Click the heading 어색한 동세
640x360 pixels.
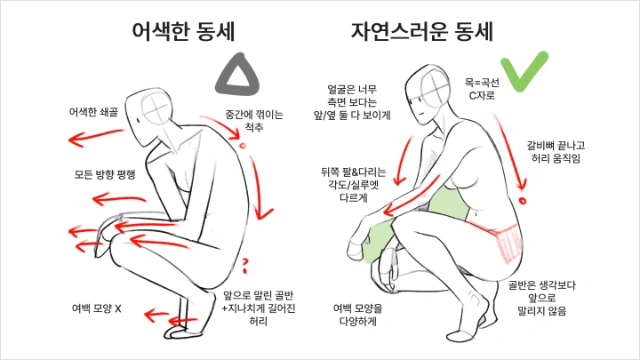[183, 31]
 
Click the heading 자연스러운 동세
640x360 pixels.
[422, 31]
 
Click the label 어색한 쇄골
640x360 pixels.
[93, 112]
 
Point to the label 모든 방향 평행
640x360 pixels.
[105, 175]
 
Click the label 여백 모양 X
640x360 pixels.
[97, 308]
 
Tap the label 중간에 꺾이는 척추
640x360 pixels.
[254, 121]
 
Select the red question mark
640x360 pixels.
[245, 266]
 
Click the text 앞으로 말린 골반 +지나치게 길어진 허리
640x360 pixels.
[259, 308]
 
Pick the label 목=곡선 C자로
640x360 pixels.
[482, 89]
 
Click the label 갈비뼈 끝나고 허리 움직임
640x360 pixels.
[556, 152]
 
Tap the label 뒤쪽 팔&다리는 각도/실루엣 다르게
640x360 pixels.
[354, 185]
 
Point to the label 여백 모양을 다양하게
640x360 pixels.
[357, 315]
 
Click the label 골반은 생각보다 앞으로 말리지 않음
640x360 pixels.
[541, 298]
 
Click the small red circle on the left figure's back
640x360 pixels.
[243, 145]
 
